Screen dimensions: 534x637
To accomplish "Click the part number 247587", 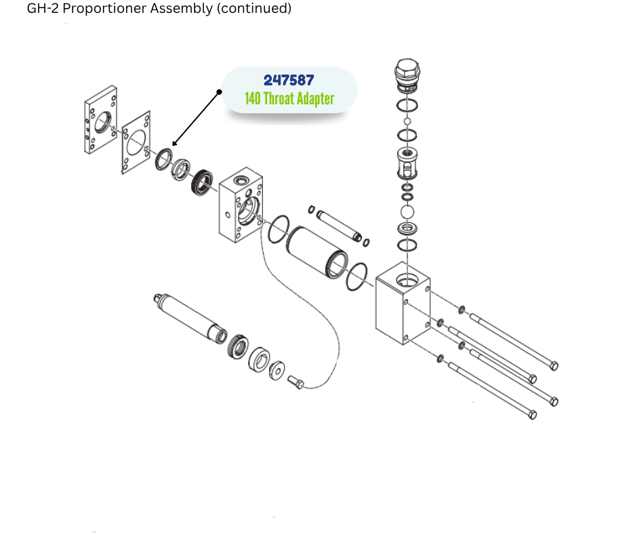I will click(x=289, y=80).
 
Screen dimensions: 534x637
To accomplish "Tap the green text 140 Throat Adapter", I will click(x=289, y=99).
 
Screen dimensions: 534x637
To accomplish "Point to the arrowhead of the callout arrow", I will click(x=173, y=144).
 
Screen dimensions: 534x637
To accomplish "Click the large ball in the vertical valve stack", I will click(x=407, y=212).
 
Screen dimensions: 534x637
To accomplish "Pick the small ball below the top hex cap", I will click(x=407, y=121).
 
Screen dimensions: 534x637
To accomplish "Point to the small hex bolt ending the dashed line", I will click(x=297, y=382).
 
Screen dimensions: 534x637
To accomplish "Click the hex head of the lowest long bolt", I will click(x=532, y=414).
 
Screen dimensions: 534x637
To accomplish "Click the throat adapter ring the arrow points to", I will click(x=164, y=160).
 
